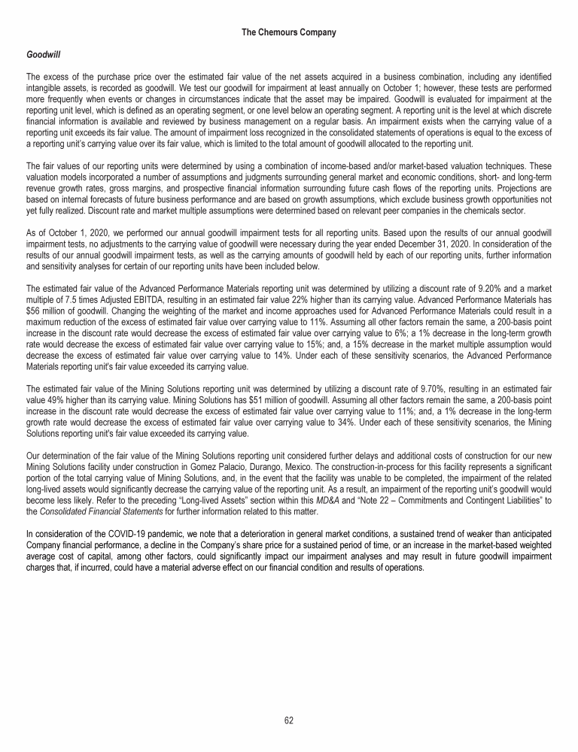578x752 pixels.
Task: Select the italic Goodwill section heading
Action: click(43, 55)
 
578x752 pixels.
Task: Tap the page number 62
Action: click(289, 720)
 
